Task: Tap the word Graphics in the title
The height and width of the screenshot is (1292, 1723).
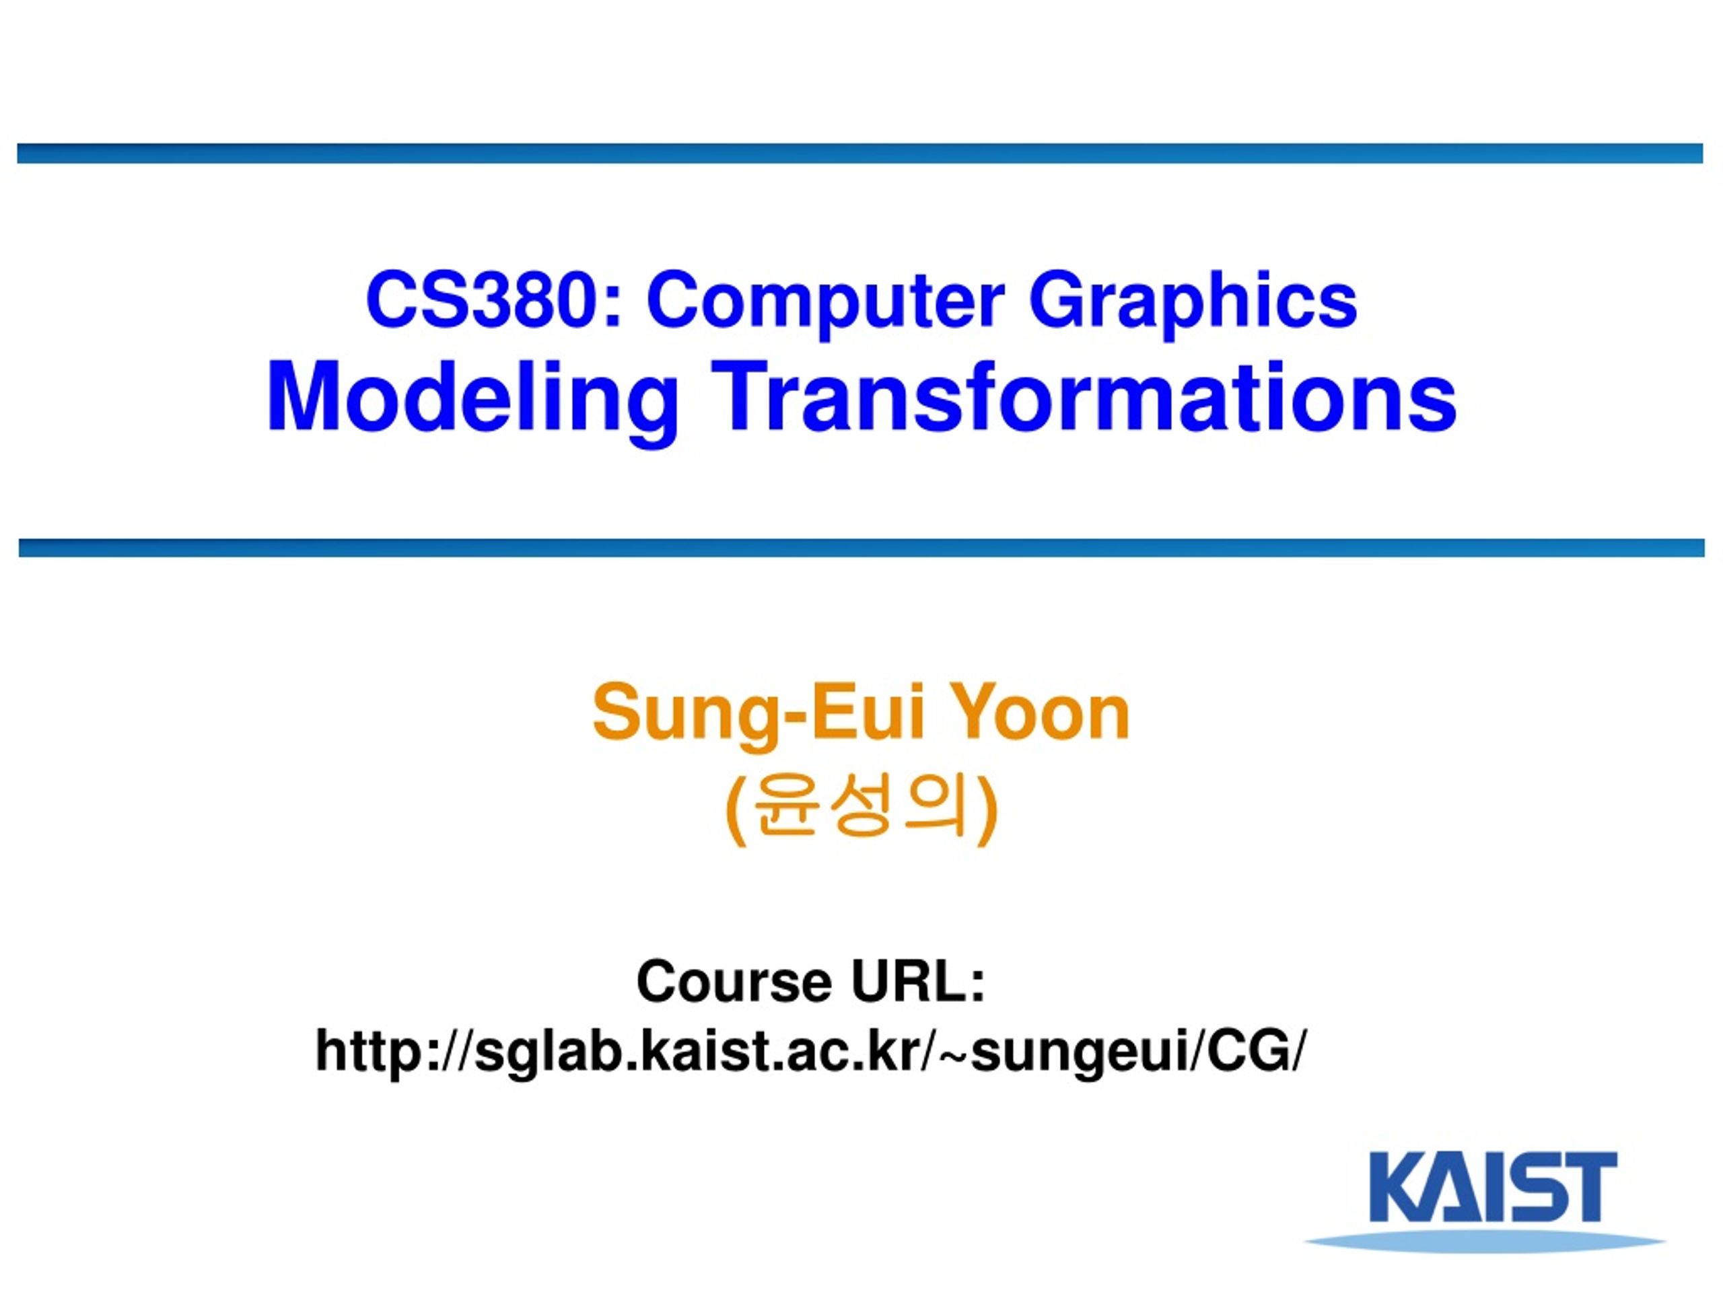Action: coord(1193,302)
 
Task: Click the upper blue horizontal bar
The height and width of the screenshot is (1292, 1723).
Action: coord(860,153)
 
